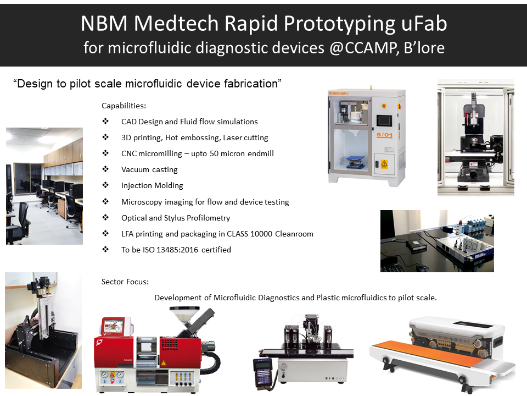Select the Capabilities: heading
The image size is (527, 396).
pyautogui.click(x=124, y=106)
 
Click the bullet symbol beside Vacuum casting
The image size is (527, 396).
pyautogui.click(x=105, y=169)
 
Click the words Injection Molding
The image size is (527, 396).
pyautogui.click(x=152, y=185)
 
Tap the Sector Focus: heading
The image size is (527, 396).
pyautogui.click(x=125, y=282)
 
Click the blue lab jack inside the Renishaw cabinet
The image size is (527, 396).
pyautogui.click(x=355, y=162)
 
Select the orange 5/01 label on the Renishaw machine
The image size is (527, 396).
pyautogui.click(x=384, y=135)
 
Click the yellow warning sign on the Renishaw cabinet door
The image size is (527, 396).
pyautogui.click(x=384, y=164)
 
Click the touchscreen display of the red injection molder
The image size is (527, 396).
pyautogui.click(x=114, y=326)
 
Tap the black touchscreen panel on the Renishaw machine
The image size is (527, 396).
pyautogui.click(x=384, y=120)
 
